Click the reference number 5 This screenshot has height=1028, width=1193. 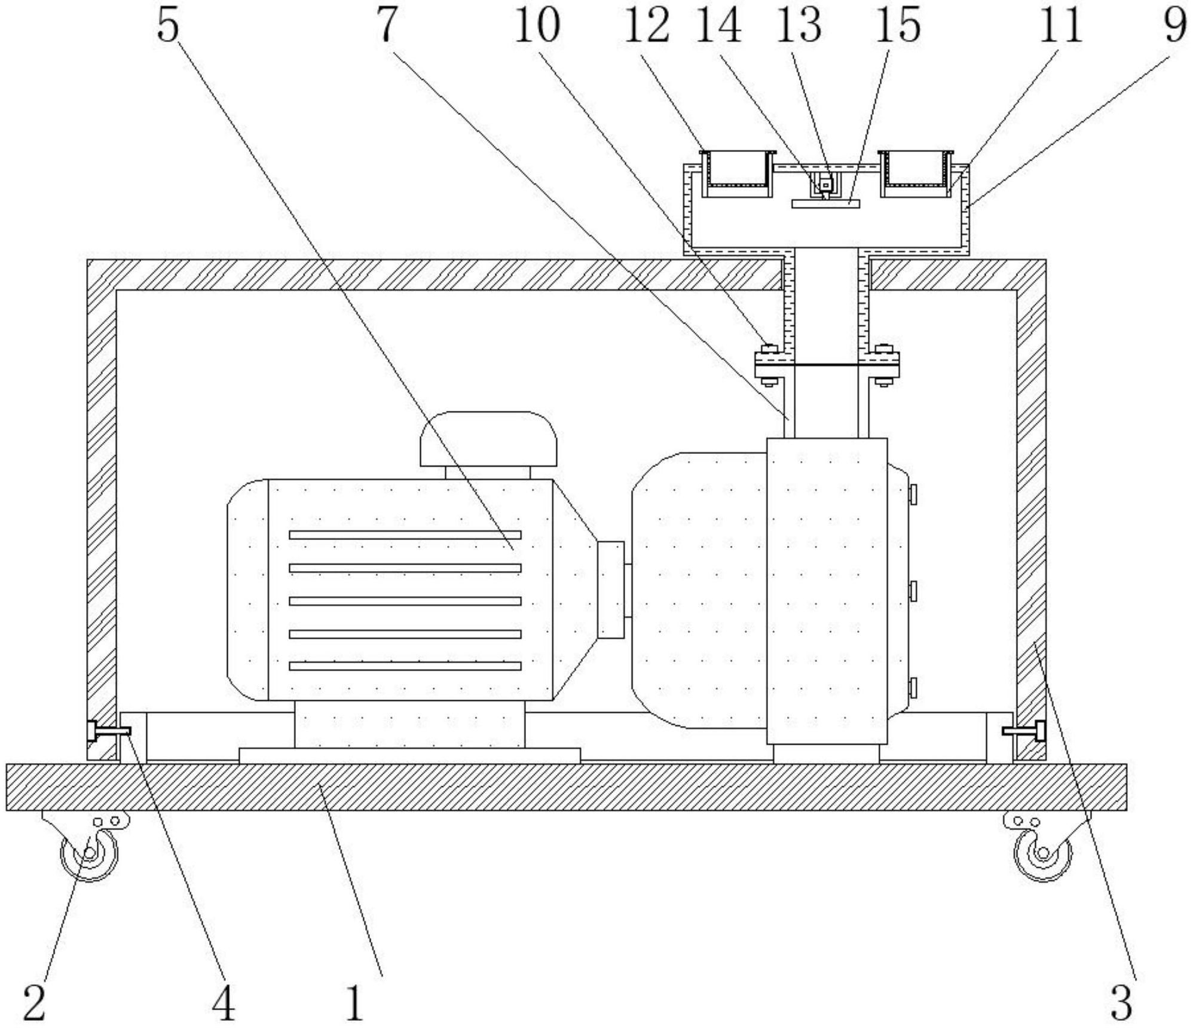168,26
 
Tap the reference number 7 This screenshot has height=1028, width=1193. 387,26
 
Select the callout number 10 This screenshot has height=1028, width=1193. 537,26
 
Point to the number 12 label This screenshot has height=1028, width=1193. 646,26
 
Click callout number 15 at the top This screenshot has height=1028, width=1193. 897,26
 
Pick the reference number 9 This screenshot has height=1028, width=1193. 1175,26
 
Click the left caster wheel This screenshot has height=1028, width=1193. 90,853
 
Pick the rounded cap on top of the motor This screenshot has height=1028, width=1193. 488,438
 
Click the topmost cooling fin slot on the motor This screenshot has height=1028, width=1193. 405,535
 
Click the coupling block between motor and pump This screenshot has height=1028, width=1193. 611,589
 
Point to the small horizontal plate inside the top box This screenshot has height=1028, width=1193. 825,204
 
